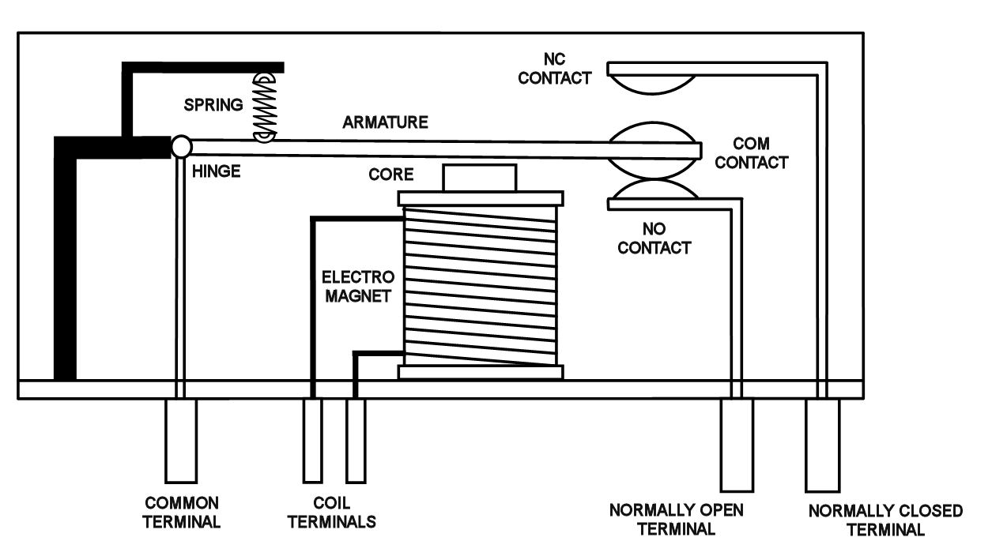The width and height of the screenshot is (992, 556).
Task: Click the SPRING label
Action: [x=214, y=105]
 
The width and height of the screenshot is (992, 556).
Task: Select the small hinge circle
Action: [x=181, y=146]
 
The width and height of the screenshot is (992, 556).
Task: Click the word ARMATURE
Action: [x=386, y=122]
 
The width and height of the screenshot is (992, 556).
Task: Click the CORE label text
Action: [x=391, y=173]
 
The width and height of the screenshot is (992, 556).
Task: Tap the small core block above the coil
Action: [x=480, y=178]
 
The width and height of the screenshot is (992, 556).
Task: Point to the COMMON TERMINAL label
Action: [x=182, y=512]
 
